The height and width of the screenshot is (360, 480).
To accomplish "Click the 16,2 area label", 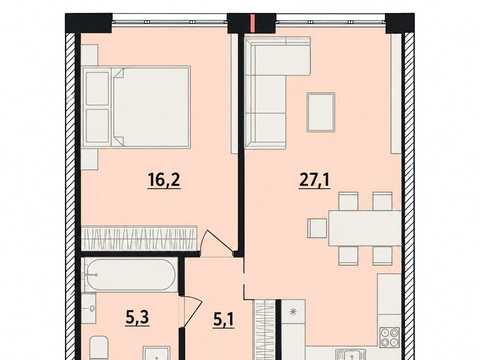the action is click(164, 180).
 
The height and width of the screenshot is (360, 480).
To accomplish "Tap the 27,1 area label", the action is click(315, 180).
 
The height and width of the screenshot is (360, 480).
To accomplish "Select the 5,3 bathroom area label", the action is click(137, 317).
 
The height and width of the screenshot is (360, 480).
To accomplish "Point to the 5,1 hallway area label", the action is click(223, 320).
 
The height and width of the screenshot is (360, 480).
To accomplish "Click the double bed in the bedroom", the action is click(136, 107).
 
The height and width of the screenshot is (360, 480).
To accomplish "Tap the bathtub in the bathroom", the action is click(130, 275).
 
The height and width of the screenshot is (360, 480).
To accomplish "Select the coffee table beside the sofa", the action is click(321, 112).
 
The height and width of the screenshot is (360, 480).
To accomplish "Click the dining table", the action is click(365, 228).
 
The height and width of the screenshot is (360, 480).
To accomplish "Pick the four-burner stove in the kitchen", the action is click(390, 337).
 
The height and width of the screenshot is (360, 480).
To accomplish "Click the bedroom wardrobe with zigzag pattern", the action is click(139, 238).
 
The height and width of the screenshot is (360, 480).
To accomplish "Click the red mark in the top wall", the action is click(252, 23).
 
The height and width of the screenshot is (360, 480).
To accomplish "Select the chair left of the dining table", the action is click(317, 228).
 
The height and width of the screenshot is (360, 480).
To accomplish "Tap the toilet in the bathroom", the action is click(99, 348).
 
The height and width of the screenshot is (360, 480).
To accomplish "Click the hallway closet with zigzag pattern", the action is click(264, 330).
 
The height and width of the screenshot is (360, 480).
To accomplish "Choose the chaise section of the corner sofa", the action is click(278, 55).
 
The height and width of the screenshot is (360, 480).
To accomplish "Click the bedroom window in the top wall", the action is click(170, 21).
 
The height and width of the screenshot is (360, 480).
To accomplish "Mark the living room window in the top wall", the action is click(330, 21).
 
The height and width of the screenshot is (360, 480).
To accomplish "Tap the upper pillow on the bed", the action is click(98, 88).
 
